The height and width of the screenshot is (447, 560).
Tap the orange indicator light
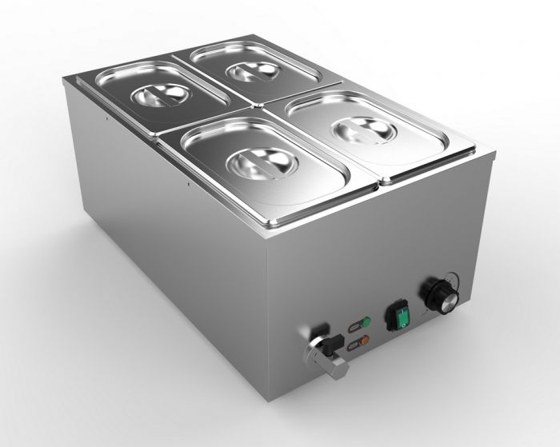point(364,341)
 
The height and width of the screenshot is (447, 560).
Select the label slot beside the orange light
point(353,345)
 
